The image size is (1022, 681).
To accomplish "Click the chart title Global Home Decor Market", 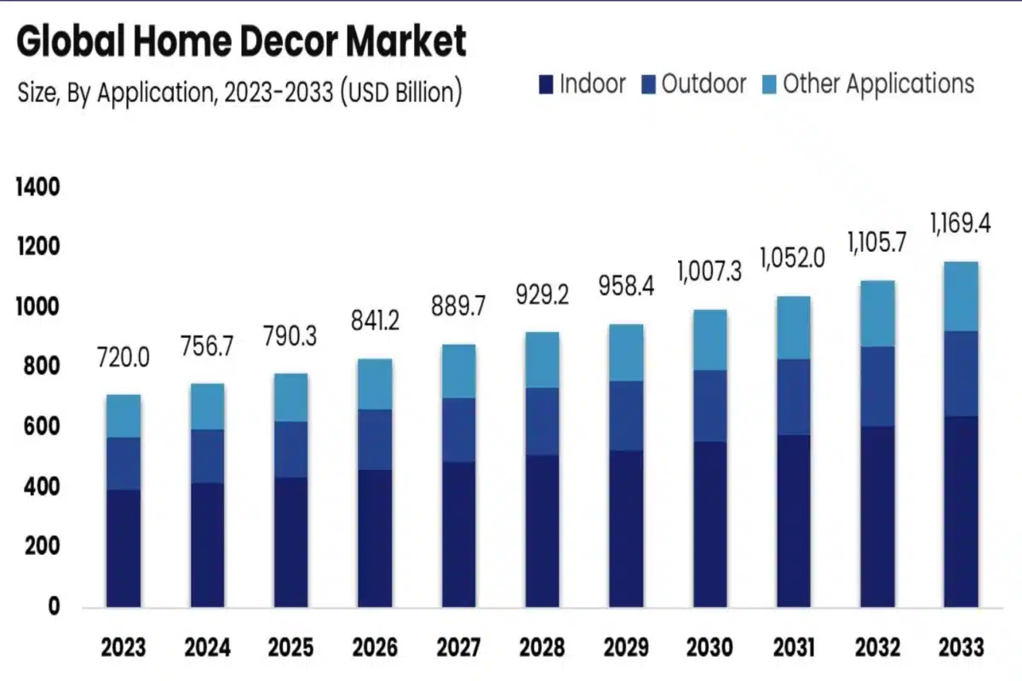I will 242,43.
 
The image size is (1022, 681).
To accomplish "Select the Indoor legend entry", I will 583,84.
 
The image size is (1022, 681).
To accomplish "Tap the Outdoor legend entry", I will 694,84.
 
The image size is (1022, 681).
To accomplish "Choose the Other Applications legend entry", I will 868,84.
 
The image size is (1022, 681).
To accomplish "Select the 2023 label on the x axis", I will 123,648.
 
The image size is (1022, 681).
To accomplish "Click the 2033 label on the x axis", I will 960,648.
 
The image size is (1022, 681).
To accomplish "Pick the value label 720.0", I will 123,358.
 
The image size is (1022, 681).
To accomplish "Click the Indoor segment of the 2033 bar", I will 960,511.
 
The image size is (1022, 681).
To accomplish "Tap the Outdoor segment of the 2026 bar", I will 375,439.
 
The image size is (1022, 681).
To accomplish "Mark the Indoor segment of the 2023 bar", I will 123,548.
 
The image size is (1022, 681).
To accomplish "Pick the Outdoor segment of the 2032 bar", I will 876,386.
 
